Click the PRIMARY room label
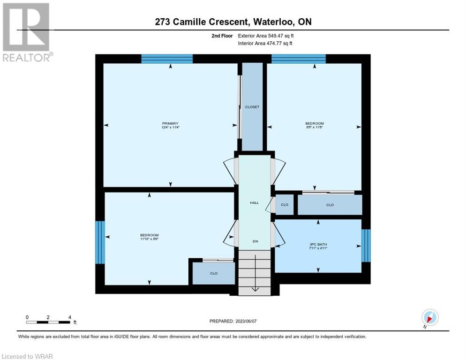coord(170,123)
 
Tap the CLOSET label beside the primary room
coord(252,107)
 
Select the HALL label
coord(254,203)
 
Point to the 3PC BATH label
coord(318,244)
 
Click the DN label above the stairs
coord(256,241)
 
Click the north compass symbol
coord(430,317)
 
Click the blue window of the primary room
coord(167,59)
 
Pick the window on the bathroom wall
coord(366,246)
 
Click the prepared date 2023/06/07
coord(246,321)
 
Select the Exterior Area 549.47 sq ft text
coord(266,36)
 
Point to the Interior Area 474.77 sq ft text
coord(265,44)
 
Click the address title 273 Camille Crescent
coord(201,22)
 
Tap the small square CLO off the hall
coord(285,204)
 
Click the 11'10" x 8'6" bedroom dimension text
coord(149,239)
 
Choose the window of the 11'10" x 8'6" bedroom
coord(100,242)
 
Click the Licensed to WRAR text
coord(27,356)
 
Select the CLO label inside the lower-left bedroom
coord(214,273)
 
